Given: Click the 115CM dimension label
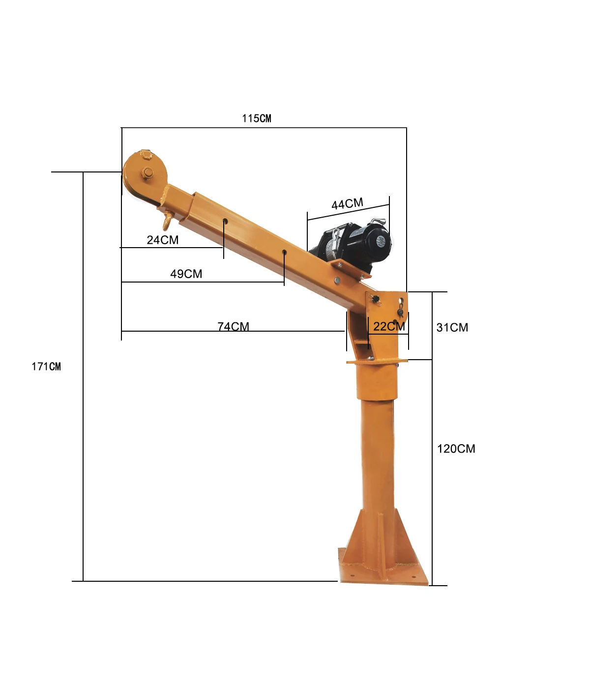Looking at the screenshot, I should (x=256, y=118).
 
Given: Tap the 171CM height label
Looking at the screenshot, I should (x=46, y=367).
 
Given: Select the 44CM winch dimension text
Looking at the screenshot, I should (x=347, y=204).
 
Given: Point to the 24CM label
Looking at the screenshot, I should (x=162, y=240).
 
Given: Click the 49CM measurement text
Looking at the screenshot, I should (x=186, y=274).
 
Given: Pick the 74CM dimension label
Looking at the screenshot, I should (x=233, y=327).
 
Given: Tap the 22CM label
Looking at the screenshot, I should (x=389, y=327).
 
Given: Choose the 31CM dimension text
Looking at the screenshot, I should (x=452, y=328).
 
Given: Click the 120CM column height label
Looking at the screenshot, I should (x=456, y=449).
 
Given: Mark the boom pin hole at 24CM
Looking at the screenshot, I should (x=225, y=221).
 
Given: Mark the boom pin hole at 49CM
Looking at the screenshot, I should (x=284, y=252).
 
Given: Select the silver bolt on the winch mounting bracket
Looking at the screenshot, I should (x=337, y=281).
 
